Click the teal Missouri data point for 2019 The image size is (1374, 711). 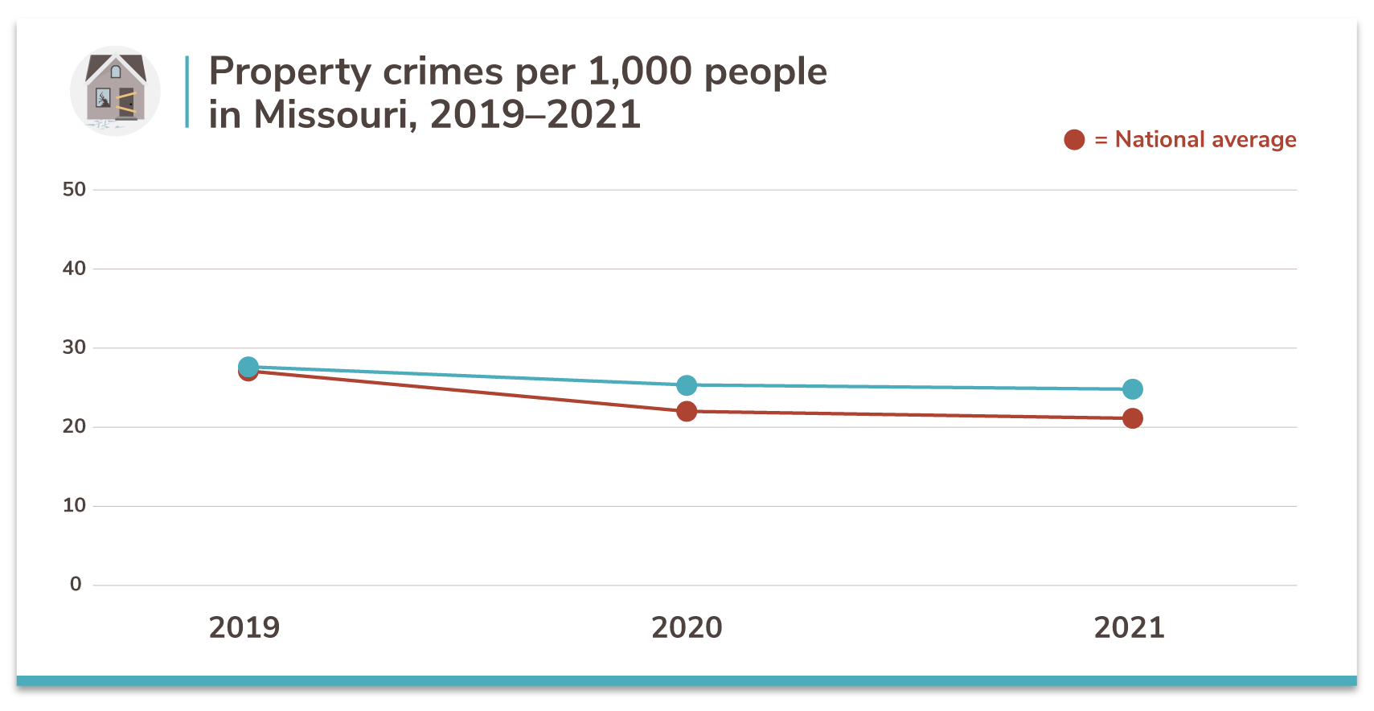pyautogui.click(x=248, y=367)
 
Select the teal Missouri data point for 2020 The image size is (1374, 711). pyautogui.click(x=687, y=385)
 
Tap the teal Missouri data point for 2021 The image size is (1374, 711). pyautogui.click(x=1132, y=389)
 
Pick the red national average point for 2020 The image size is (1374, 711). pyautogui.click(x=687, y=412)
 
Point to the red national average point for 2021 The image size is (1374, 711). pyautogui.click(x=1132, y=418)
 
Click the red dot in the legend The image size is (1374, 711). pyautogui.click(x=1074, y=140)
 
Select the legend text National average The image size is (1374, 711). pyautogui.click(x=1205, y=140)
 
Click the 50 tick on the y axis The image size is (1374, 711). pyautogui.click(x=74, y=190)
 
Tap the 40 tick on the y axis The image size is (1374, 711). pyautogui.click(x=74, y=269)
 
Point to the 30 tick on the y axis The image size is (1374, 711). pyautogui.click(x=74, y=347)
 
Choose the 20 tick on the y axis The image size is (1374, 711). pyautogui.click(x=74, y=426)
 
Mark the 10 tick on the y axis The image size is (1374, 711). pyautogui.click(x=74, y=505)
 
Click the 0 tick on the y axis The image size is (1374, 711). pyautogui.click(x=76, y=584)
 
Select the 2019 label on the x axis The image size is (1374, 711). pyautogui.click(x=244, y=627)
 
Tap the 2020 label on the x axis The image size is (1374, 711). pyautogui.click(x=687, y=627)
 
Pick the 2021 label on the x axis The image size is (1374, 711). pyautogui.click(x=1129, y=627)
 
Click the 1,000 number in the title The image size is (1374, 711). pyautogui.click(x=640, y=72)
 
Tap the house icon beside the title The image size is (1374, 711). pyautogui.click(x=116, y=90)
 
